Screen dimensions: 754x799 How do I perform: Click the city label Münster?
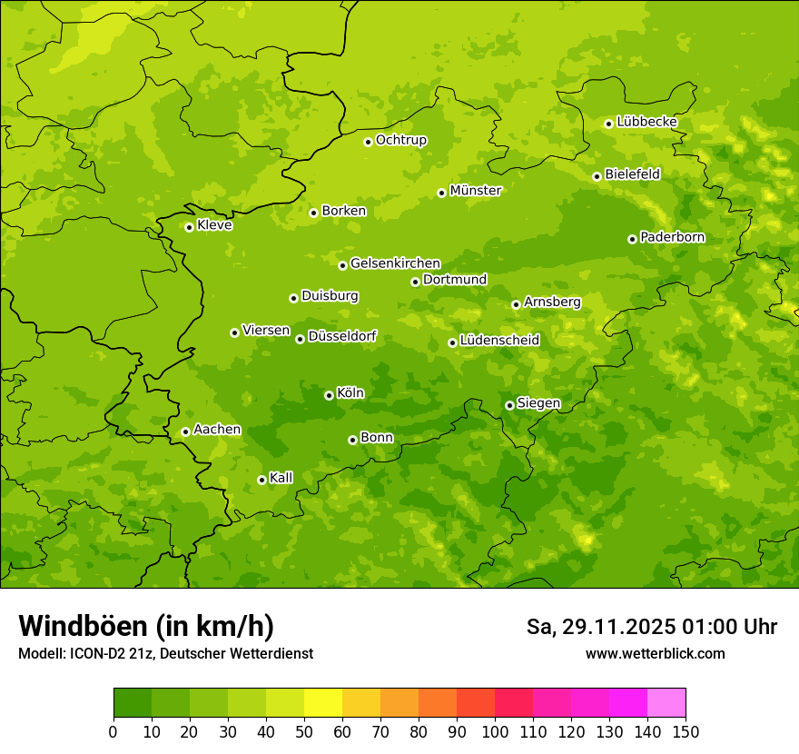pos(475,191)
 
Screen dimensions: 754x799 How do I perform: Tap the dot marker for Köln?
pos(329,395)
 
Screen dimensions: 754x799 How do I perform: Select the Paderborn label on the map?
pos(672,237)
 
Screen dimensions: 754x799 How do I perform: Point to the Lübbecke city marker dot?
pos(608,124)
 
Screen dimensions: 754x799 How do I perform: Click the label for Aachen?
pos(217,430)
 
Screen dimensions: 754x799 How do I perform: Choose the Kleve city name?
pos(214,225)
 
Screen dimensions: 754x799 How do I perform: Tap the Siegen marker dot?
pos(509,405)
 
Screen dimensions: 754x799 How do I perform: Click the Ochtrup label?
pos(400,140)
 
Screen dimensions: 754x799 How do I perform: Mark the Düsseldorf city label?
pos(341,336)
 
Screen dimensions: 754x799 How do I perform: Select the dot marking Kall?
pos(261,480)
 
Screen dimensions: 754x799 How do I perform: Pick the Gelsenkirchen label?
pos(395,263)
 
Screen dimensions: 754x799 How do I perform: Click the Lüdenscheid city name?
pos(499,341)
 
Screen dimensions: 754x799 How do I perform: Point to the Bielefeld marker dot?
pos(597,176)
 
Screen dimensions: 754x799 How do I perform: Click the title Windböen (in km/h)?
pos(146,626)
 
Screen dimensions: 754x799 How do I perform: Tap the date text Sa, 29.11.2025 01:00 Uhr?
pos(651,627)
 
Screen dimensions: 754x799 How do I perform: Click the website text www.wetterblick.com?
pos(655,654)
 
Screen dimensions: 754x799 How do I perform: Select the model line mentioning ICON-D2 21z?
pos(165,654)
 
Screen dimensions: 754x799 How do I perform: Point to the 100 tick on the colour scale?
pos(495,731)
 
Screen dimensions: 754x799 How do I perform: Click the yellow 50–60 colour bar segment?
pos(323,703)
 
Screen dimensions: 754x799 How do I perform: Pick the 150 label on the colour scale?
pos(686,731)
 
